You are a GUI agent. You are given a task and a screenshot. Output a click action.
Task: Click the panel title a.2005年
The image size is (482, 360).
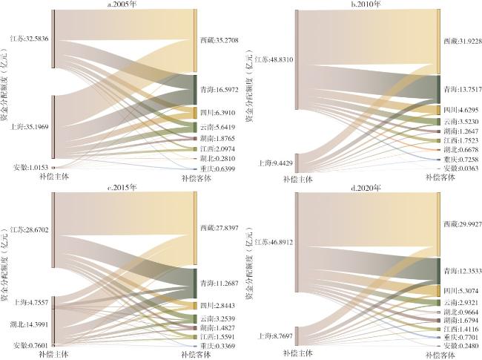point(125,4)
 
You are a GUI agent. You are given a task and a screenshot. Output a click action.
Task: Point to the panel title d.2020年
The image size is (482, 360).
point(366,195)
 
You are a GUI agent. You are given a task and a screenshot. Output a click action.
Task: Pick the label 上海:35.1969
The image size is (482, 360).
point(29,125)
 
